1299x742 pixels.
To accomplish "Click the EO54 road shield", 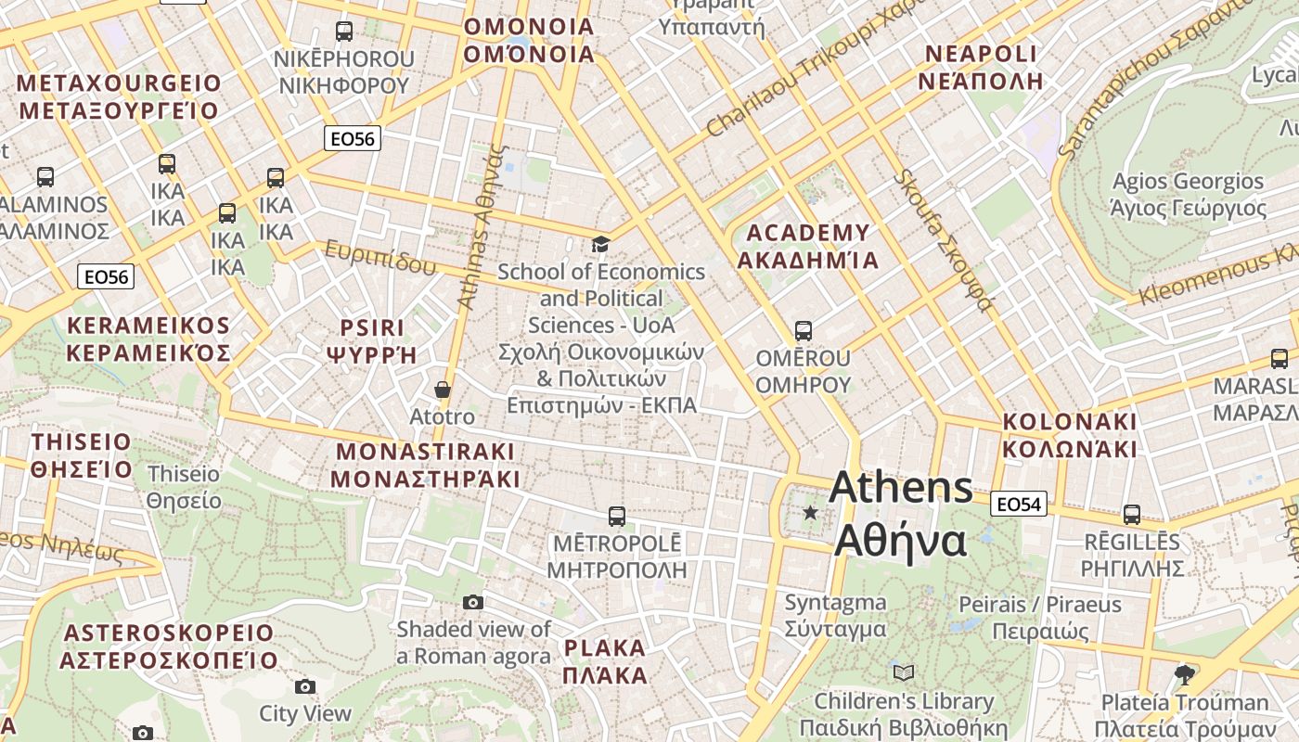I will [1019, 504].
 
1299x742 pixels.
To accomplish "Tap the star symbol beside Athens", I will [811, 512].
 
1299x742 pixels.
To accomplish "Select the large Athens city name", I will [901, 514].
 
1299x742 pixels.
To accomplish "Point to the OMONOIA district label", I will [529, 40].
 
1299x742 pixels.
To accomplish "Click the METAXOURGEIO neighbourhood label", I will [119, 97].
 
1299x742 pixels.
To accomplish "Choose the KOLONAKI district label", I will [1070, 435].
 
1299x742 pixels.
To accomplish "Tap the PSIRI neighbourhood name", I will [373, 340].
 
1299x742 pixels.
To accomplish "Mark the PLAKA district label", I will [605, 661].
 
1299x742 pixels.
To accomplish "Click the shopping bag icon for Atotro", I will [443, 389].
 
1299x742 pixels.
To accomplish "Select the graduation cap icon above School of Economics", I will [601, 244].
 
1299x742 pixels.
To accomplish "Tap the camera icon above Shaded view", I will [473, 602].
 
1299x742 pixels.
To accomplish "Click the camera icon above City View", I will [304, 686].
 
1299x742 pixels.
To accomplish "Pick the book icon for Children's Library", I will [903, 672].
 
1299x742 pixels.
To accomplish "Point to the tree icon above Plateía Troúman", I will [1183, 673].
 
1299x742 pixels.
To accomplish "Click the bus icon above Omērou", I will [803, 330].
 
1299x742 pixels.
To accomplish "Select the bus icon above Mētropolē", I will [616, 516].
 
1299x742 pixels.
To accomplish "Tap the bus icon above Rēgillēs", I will [1132, 514].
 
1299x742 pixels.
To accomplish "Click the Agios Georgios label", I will [1188, 194].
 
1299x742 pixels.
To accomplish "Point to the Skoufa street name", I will [942, 239].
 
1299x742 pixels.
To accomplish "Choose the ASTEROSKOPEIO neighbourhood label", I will [169, 646].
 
